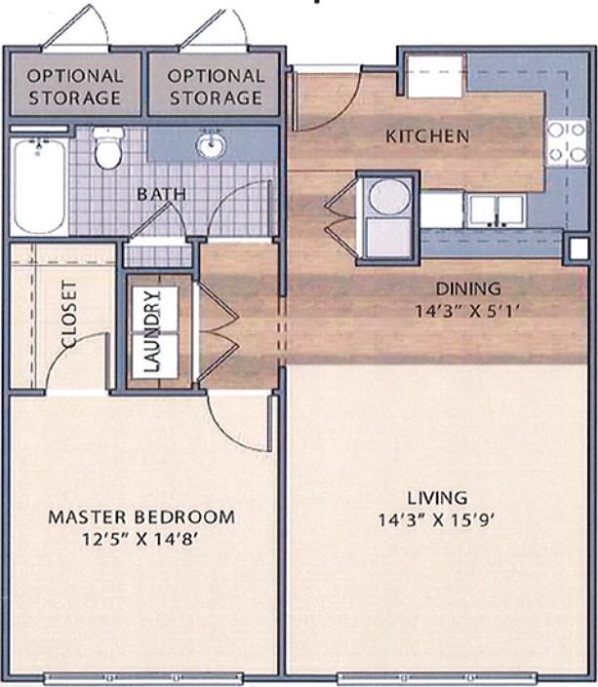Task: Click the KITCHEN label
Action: point(428,135)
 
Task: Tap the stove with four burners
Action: point(566,141)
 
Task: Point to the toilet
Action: point(108,148)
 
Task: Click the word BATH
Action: point(161,194)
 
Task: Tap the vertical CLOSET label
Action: point(69,314)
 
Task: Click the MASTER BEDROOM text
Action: point(141,516)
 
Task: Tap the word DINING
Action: point(468,288)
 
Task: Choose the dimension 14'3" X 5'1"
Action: point(468,309)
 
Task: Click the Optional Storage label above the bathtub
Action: point(74,86)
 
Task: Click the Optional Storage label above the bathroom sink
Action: point(215,86)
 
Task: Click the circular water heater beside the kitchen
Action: point(388,196)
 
